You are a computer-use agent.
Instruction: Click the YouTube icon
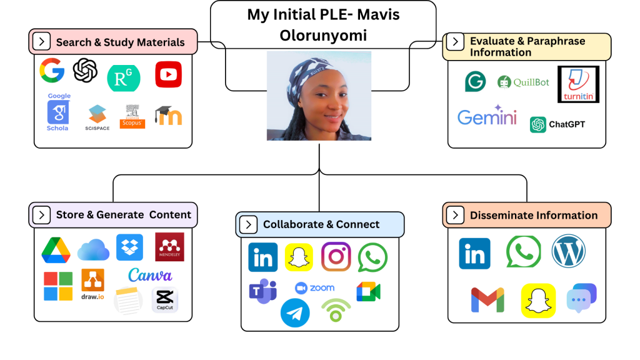click(168, 75)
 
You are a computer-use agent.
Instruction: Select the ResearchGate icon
click(124, 77)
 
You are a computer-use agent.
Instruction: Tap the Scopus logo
click(132, 116)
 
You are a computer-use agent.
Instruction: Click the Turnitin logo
click(578, 84)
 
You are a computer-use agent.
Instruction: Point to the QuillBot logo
click(524, 82)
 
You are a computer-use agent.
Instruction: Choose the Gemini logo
click(487, 116)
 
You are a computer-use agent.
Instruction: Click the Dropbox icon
click(129, 247)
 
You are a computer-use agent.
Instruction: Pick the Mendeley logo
click(169, 247)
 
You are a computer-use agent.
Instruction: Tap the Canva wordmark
click(150, 275)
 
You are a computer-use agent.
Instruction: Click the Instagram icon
click(336, 257)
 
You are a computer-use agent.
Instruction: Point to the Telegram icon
click(295, 312)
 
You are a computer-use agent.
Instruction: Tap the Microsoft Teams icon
click(263, 291)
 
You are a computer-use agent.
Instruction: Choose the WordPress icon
click(568, 251)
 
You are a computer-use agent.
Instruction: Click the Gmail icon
click(487, 300)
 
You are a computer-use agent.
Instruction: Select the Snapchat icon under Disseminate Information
click(538, 301)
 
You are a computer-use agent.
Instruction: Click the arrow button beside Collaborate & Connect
click(248, 225)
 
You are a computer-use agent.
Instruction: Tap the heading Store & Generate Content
click(123, 214)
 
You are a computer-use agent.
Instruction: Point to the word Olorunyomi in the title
click(323, 36)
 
